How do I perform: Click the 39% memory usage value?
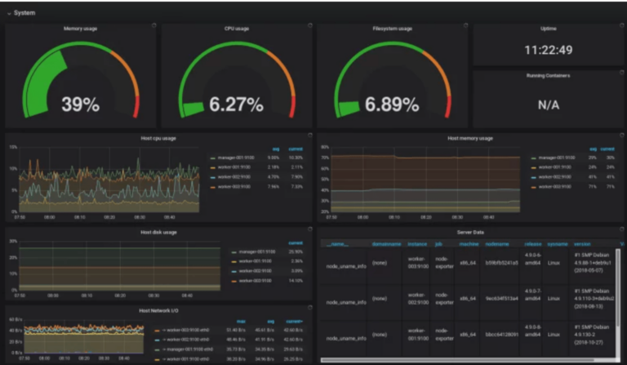80,104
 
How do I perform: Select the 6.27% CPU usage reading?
235,104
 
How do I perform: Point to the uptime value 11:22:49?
548,50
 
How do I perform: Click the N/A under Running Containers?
548,105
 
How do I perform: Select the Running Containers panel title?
548,75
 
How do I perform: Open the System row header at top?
24,12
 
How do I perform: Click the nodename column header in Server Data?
496,244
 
